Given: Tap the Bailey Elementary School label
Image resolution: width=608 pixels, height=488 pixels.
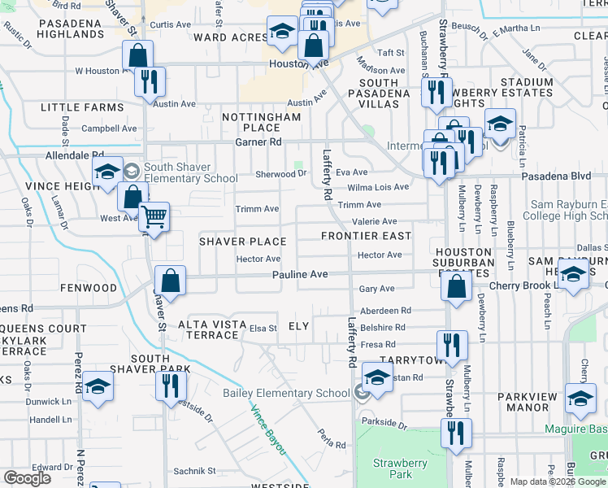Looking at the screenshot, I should (287, 394).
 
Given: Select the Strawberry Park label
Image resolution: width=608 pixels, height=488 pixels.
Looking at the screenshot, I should (400, 468).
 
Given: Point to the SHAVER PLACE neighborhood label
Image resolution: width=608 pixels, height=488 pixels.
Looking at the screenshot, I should (243, 242).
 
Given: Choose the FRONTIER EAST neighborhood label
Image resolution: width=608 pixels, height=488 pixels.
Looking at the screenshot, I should (366, 236).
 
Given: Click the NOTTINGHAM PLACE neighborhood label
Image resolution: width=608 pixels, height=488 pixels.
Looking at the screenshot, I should (262, 123).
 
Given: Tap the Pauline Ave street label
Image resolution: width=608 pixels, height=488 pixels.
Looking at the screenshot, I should (300, 275).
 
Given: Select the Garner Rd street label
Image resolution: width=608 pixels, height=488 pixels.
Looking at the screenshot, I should (258, 142).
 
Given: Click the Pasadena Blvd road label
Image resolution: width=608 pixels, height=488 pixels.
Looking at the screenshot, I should (561, 176).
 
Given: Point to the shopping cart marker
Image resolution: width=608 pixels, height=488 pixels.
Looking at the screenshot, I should (154, 218).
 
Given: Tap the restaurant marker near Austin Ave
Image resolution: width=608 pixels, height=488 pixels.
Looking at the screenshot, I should (150, 82).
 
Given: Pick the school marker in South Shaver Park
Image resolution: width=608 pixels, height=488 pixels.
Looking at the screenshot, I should (98, 388).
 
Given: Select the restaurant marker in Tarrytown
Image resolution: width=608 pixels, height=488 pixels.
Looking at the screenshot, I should (452, 346).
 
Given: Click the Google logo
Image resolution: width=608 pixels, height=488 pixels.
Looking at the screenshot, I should (27, 478).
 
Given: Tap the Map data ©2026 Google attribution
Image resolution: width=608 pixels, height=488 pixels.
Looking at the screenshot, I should (558, 481).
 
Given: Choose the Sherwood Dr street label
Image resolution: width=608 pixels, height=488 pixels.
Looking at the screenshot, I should (280, 174).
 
